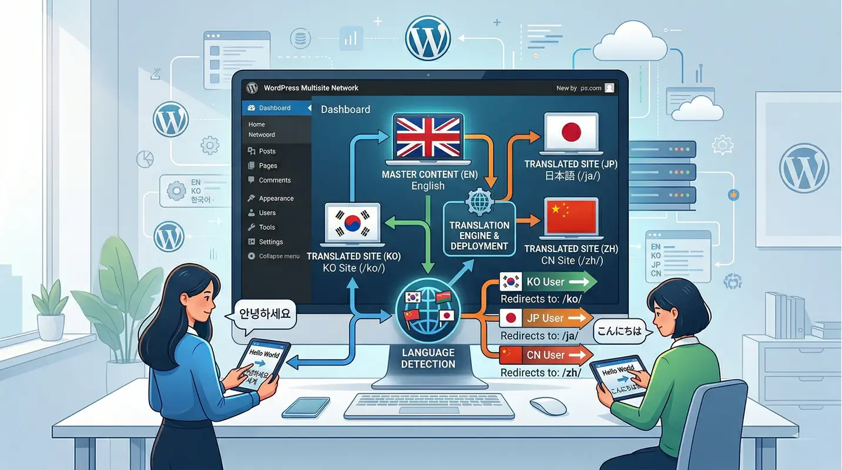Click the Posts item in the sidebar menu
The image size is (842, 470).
tap(267, 151)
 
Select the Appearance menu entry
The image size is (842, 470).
tap(276, 199)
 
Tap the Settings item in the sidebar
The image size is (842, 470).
tap(270, 242)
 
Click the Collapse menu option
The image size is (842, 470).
tap(279, 256)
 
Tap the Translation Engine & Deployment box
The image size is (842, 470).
tap(479, 229)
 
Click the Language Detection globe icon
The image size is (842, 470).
tap(428, 311)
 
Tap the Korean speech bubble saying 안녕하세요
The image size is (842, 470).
tap(265, 314)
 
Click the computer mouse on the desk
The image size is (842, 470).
tap(548, 405)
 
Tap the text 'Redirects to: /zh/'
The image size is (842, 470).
tap(540, 372)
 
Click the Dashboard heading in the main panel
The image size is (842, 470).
tap(345, 109)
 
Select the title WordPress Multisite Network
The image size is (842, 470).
tap(311, 88)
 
